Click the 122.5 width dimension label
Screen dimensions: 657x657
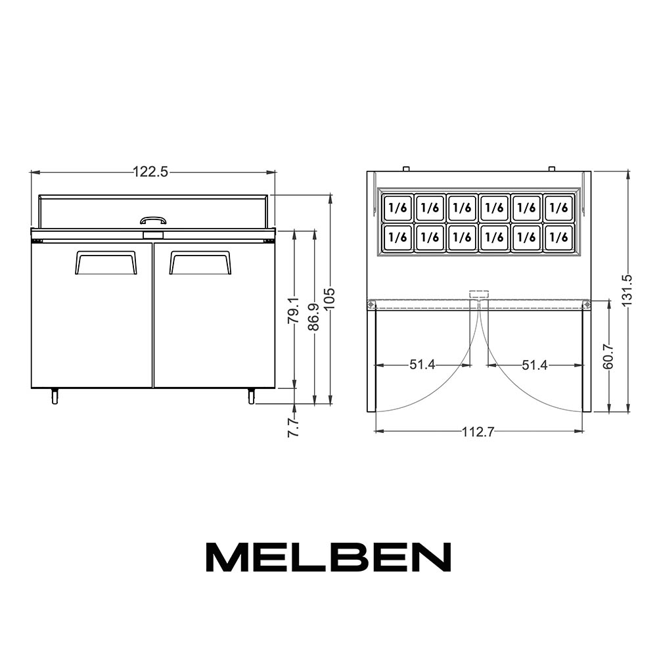tap(150, 171)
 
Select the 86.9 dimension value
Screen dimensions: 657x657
tap(313, 317)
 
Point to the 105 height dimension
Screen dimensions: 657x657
tap(330, 298)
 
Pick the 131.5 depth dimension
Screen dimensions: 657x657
tap(627, 291)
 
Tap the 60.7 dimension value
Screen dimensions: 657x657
tap(608, 357)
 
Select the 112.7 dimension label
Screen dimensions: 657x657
tap(478, 432)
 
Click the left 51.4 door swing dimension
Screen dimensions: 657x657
tap(422, 365)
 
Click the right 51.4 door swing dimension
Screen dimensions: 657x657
tap(535, 365)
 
